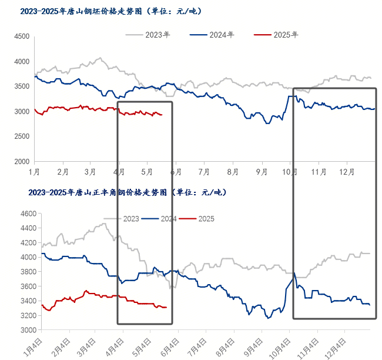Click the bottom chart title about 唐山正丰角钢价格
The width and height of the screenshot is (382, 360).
point(126,192)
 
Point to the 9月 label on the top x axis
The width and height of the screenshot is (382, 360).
point(261,172)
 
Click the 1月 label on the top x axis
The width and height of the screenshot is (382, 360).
point(34,172)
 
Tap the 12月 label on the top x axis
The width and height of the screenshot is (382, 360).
point(348,172)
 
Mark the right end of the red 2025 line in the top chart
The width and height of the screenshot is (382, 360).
point(162,114)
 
